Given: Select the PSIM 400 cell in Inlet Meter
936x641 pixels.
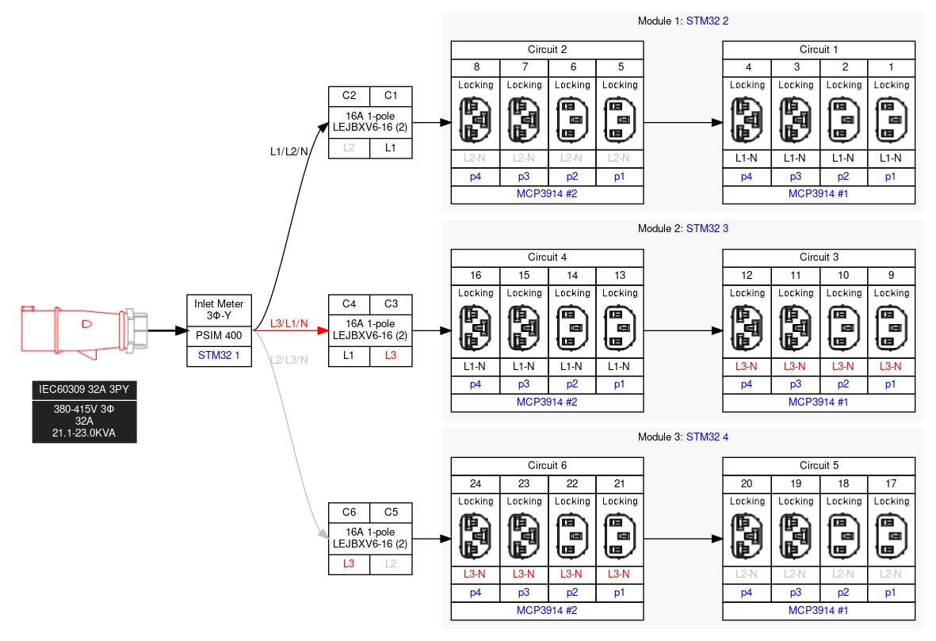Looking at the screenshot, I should pyautogui.click(x=219, y=335).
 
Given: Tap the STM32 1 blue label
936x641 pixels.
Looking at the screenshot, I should pyautogui.click(x=219, y=356).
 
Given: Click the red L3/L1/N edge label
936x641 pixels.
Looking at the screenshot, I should pyautogui.click(x=288, y=323).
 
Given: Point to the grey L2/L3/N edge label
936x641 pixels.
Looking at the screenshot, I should pyautogui.click(x=288, y=360).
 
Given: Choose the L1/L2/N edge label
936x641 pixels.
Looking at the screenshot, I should pyautogui.click(x=288, y=151).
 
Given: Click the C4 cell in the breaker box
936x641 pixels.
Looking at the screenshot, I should pyautogui.click(x=349, y=304).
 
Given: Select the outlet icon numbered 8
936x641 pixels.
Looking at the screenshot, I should pyautogui.click(x=476, y=120).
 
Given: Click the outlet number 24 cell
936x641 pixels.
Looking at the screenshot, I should pyautogui.click(x=476, y=484).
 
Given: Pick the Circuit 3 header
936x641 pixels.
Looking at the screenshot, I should pyautogui.click(x=819, y=258).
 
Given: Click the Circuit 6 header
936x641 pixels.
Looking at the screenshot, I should pyautogui.click(x=547, y=465).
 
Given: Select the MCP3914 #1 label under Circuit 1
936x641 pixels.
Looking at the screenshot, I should pyautogui.click(x=819, y=193).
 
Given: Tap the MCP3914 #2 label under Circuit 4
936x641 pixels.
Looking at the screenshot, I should pyautogui.click(x=547, y=402).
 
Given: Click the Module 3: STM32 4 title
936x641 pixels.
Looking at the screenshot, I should pyautogui.click(x=682, y=437).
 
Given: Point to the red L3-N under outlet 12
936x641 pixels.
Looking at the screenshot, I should pyautogui.click(x=747, y=367).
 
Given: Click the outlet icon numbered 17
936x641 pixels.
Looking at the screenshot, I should pyautogui.click(x=892, y=536).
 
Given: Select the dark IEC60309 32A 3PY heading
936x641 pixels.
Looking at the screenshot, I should pyautogui.click(x=84, y=389).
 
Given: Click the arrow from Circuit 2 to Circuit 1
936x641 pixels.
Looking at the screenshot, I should pyautogui.click(x=682, y=123).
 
